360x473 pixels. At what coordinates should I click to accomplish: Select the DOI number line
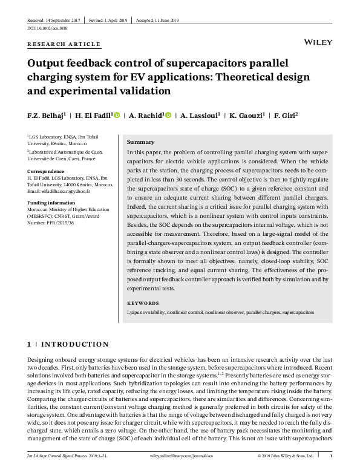(x=48, y=28)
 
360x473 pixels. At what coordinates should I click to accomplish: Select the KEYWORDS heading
(x=143, y=303)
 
